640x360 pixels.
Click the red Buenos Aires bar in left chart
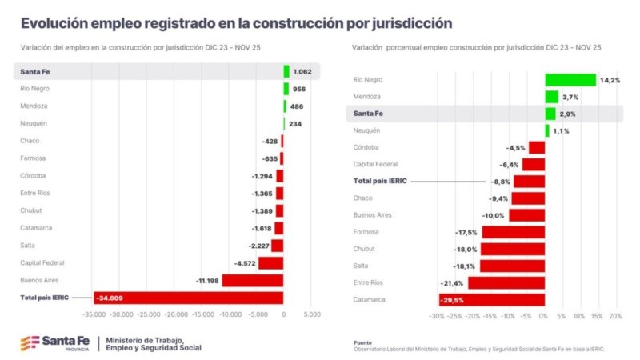pyautogui.click(x=252, y=280)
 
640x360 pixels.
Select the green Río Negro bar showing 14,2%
pyautogui.click(x=570, y=79)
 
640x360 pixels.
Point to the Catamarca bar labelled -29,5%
pyautogui.click(x=492, y=300)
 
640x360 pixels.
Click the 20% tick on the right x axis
pyautogui.click(x=615, y=316)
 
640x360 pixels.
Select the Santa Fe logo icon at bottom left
pyautogui.click(x=30, y=343)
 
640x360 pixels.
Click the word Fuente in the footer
pyautogui.click(x=362, y=342)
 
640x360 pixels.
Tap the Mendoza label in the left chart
pyautogui.click(x=34, y=106)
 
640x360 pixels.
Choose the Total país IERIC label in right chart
pyautogui.click(x=380, y=181)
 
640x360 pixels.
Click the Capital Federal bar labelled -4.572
pyautogui.click(x=270, y=262)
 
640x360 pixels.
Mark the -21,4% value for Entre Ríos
pyautogui.click(x=452, y=283)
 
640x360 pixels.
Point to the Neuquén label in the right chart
pyautogui.click(x=366, y=130)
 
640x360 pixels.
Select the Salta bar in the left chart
pyautogui.click(x=277, y=246)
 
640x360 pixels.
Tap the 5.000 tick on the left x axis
pyautogui.click(x=312, y=315)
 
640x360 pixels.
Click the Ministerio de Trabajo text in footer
pyautogui.click(x=144, y=339)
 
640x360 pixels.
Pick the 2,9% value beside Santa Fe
pyautogui.click(x=567, y=114)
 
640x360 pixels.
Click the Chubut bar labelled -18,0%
pyautogui.click(x=513, y=249)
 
